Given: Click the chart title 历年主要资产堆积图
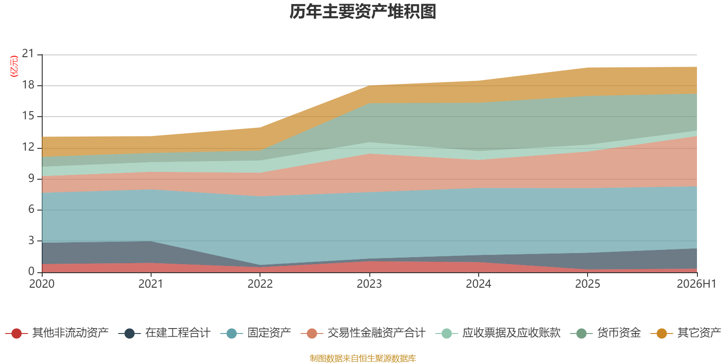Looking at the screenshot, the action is [363, 12].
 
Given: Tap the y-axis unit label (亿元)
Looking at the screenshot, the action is [14, 66].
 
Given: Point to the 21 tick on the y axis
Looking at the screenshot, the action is [28, 54].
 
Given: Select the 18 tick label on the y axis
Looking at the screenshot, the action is [28, 85].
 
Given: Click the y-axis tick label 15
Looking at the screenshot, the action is [28, 116].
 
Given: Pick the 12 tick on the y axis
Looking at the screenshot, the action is [28, 147].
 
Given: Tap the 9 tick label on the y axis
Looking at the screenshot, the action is [31, 178].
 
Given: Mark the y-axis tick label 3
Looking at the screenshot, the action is [31, 240].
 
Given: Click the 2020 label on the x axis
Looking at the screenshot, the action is [42, 284].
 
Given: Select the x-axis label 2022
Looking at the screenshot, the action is [260, 284].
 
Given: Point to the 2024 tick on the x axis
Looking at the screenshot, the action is [478, 284].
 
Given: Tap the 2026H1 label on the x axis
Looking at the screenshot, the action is [696, 284].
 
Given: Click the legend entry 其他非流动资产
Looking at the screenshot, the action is [57, 333].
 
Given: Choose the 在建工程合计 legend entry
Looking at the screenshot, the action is [164, 333].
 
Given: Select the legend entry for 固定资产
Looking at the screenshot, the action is [256, 333].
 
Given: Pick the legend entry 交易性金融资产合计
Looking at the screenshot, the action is [363, 333].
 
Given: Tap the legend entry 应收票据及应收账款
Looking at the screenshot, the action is [498, 333].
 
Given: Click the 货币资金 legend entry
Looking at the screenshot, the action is [605, 333].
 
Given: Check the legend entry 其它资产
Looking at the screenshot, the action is [686, 333].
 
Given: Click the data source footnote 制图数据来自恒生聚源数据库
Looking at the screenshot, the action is [363, 358].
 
